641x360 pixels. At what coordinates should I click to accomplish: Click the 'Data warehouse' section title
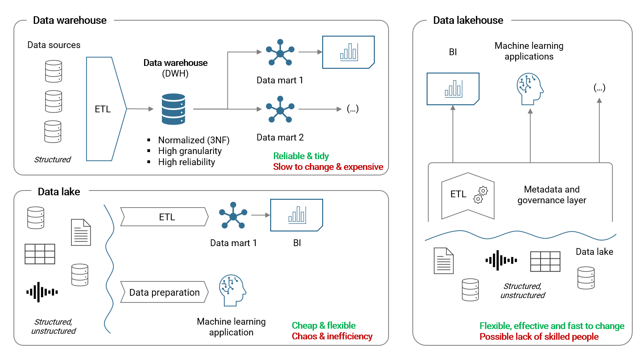coord(69,20)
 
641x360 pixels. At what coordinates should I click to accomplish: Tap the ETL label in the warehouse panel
coord(102,109)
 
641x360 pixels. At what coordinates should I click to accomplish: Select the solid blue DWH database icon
coord(173,109)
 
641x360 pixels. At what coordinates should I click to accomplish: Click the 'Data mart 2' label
coord(280,137)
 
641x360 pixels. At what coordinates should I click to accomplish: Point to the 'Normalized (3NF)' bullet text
coord(194,140)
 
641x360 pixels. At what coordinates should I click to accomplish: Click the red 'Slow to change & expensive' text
coord(328,167)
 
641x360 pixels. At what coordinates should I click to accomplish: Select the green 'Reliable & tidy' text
coord(301,156)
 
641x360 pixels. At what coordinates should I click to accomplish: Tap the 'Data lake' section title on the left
coord(59,192)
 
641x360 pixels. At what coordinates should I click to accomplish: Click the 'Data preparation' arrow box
coord(164,293)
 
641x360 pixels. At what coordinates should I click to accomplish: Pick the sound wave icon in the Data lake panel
coord(42,292)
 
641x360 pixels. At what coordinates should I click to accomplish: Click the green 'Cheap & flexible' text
coord(323,325)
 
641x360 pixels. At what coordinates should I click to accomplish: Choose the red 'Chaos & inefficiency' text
coord(332,336)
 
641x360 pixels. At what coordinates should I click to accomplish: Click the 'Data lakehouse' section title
coord(468,20)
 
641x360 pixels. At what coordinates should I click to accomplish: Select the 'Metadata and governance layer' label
coord(552,194)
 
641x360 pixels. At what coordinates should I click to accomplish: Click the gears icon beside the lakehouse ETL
coord(481,195)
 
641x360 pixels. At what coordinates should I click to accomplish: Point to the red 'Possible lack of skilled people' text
coord(539,337)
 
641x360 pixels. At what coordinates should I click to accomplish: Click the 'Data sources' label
coord(54,45)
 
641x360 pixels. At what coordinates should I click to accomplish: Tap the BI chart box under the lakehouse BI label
coord(453,89)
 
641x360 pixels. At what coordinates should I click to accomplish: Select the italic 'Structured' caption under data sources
coord(52,160)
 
